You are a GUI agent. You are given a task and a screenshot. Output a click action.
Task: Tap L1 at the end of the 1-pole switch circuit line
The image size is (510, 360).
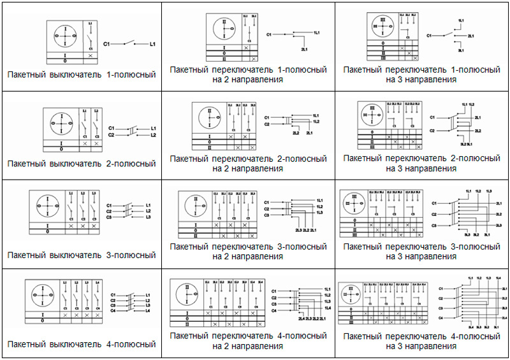[x=152, y=44]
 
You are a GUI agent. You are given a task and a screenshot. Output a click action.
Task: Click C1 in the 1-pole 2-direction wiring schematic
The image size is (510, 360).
[x=268, y=34]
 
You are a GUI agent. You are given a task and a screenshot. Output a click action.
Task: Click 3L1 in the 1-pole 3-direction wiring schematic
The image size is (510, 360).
[x=461, y=50]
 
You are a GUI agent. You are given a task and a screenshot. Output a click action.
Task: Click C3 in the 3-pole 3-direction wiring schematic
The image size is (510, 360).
[x=433, y=226]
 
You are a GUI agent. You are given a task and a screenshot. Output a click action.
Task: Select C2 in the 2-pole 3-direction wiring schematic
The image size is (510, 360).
[x=432, y=130]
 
